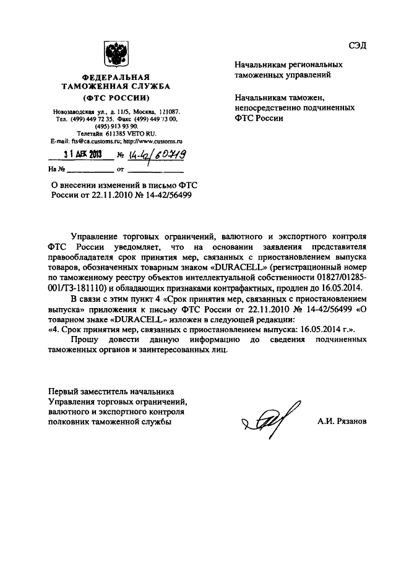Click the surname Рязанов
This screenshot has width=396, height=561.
pos(350,420)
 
